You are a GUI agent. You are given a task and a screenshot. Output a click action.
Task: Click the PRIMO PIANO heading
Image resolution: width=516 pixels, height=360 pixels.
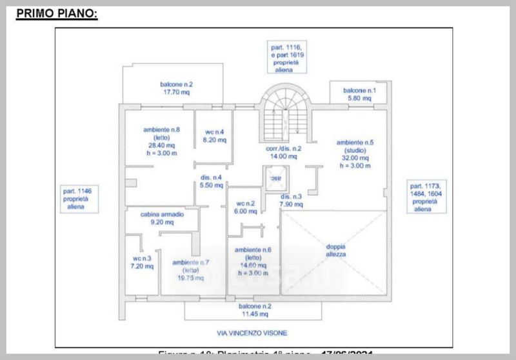click(57, 13)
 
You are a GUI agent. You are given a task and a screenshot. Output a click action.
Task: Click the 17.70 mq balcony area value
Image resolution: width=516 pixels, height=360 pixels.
click(177, 92)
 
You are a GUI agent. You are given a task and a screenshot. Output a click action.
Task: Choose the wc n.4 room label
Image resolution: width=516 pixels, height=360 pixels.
click(213, 132)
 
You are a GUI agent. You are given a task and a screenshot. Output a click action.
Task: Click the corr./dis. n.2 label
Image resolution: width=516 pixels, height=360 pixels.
click(284, 148)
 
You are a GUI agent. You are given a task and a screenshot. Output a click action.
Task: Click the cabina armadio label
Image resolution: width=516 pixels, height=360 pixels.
click(163, 214)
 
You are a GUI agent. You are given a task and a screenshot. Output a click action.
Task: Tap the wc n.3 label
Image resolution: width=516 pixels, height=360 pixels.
click(142, 257)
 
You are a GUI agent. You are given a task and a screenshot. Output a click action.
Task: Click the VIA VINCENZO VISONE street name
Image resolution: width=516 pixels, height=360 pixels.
click(252, 333)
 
